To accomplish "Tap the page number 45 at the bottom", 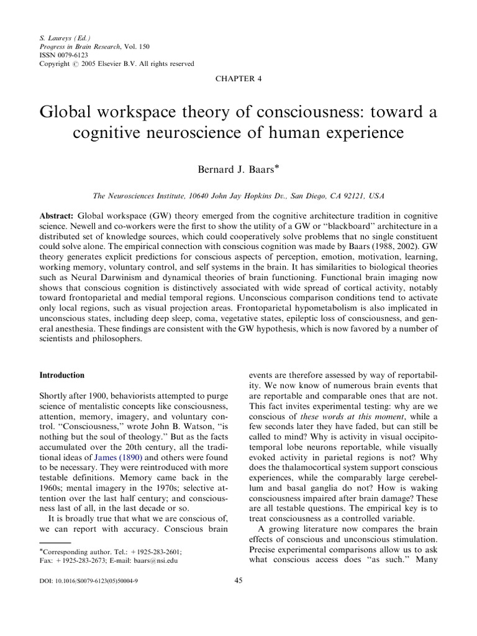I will click(238, 580).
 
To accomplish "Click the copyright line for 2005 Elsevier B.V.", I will click(116, 63).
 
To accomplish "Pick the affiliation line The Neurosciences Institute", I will click(238, 196).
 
